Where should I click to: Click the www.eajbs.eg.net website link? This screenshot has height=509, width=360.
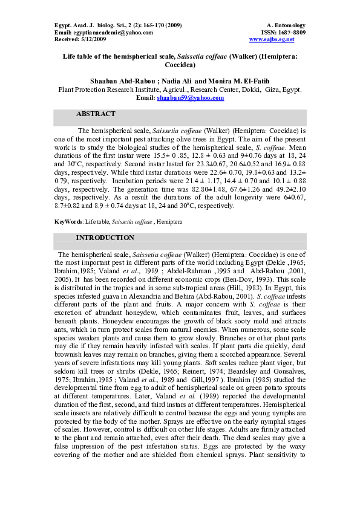click(272, 39)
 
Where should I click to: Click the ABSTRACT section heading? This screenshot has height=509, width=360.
click(96, 114)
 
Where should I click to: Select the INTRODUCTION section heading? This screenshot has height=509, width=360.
click(105, 238)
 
